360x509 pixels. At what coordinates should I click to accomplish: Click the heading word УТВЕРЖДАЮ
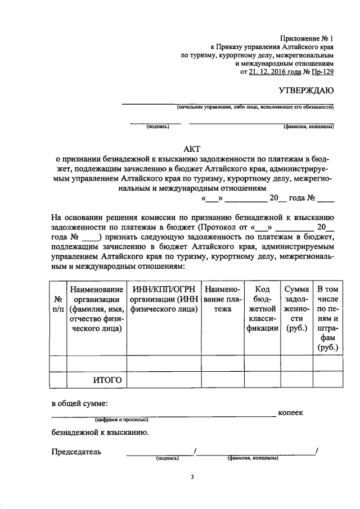pyautogui.click(x=307, y=91)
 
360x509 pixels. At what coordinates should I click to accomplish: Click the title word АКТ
pyautogui.click(x=192, y=148)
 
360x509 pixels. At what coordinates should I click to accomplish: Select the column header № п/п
pyautogui.click(x=58, y=304)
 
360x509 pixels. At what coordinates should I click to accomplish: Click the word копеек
pyautogui.click(x=291, y=413)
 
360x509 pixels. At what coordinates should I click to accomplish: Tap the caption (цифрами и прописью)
pyautogui.click(x=121, y=420)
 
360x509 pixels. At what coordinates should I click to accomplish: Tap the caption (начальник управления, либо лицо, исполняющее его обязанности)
pyautogui.click(x=255, y=107)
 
